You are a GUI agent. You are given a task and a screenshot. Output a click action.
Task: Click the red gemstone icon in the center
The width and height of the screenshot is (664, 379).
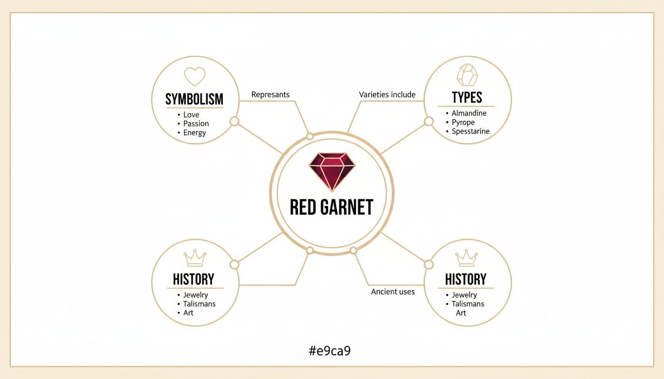pos(332,171)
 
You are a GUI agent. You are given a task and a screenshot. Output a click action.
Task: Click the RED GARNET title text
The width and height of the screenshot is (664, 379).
pos(332,207)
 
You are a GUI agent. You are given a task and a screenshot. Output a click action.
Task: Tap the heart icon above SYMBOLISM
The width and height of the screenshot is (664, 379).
pos(194,76)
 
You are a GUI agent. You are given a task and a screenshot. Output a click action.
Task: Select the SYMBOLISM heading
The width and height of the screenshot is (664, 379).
pos(194,99)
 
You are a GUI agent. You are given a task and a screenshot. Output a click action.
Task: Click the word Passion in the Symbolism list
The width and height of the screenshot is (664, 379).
pos(196,124)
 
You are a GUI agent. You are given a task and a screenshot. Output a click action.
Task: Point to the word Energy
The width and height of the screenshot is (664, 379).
pos(195,133)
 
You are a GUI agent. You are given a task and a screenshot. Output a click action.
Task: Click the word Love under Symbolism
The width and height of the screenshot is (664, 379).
pos(191,115)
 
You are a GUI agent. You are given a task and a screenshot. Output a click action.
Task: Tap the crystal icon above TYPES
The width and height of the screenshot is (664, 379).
pos(467,76)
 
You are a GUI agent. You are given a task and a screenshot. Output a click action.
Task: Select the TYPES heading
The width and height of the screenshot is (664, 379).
pos(467,97)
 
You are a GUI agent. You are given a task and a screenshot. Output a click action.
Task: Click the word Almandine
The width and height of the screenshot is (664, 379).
pos(469,114)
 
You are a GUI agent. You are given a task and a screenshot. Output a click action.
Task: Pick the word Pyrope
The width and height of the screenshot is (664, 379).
pos(463,122)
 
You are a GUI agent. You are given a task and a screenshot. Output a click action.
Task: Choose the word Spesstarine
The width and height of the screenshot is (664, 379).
pos(470,131)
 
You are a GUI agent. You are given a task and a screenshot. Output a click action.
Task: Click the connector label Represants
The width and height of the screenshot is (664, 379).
pos(270,94)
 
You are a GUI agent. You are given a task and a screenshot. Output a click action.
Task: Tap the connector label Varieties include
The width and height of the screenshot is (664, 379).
pos(387,94)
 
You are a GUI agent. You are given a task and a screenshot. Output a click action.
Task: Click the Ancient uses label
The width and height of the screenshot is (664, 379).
pos(393,292)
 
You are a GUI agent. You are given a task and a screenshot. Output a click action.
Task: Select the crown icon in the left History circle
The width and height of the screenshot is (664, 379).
pos(195,258)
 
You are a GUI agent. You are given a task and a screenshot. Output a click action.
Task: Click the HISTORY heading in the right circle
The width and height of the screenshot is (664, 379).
pos(465,279)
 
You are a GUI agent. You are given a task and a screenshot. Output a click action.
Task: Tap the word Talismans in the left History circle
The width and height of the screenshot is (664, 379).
pos(199,304)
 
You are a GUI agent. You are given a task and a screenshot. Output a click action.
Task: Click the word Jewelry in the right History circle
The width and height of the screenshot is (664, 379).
pos(464,295)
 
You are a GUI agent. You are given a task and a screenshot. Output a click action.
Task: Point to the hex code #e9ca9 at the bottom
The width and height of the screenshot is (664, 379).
pos(330,351)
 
